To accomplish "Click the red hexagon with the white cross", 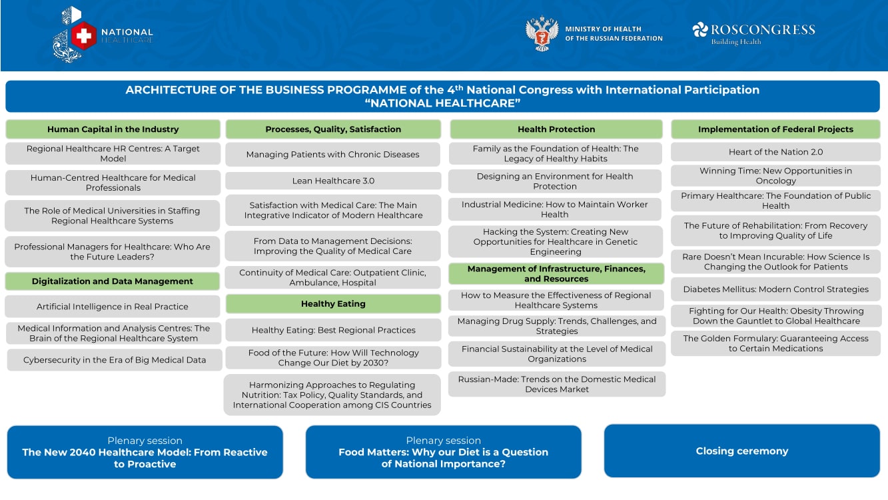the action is (x=84, y=36).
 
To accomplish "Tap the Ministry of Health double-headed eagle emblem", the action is (x=542, y=34).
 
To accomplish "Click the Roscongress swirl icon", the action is (x=700, y=30).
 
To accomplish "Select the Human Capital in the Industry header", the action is (x=113, y=129).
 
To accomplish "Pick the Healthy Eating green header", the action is (x=333, y=304).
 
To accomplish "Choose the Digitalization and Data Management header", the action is (x=113, y=281).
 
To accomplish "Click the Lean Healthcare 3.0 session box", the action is (x=333, y=181).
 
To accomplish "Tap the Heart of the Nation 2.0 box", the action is (x=775, y=152).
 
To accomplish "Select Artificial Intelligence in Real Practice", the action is (x=112, y=307).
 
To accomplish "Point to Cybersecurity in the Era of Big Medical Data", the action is (x=115, y=360).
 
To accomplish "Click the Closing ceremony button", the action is (x=741, y=451).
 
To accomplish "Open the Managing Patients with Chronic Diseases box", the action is (x=332, y=155).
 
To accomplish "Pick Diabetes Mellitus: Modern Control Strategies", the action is (x=775, y=289).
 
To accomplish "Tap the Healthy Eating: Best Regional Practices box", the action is (x=333, y=330).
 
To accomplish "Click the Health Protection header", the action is (x=556, y=129).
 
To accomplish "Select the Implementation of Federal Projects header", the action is (x=775, y=129).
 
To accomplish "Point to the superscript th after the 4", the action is (x=459, y=87).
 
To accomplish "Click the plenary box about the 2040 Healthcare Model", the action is (x=145, y=452).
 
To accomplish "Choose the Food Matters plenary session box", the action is (x=443, y=452).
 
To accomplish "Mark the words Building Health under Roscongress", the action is (x=735, y=41).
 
